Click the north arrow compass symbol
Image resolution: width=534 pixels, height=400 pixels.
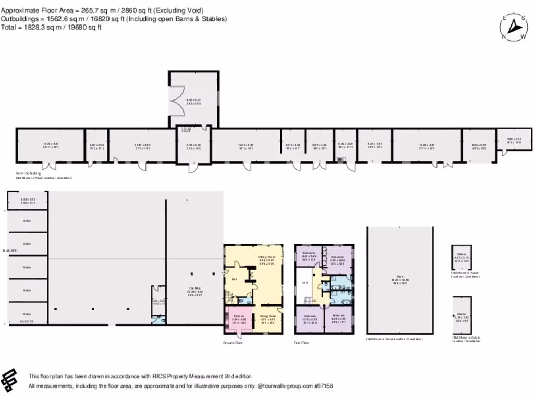click(x=514, y=27)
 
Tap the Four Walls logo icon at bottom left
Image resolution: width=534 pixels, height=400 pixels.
click(x=11, y=380)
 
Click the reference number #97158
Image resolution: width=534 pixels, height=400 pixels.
click(x=323, y=386)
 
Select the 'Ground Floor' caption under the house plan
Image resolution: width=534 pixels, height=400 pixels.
click(x=233, y=343)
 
